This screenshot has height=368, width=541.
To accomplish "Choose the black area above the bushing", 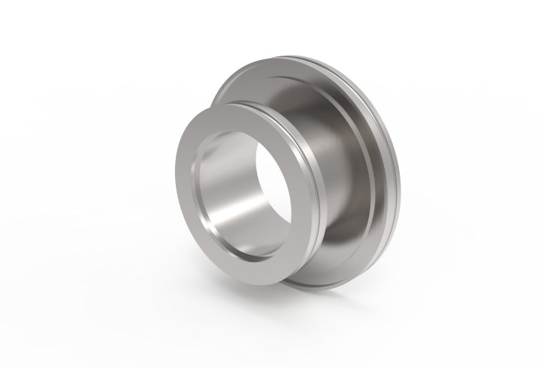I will (270, 30).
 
